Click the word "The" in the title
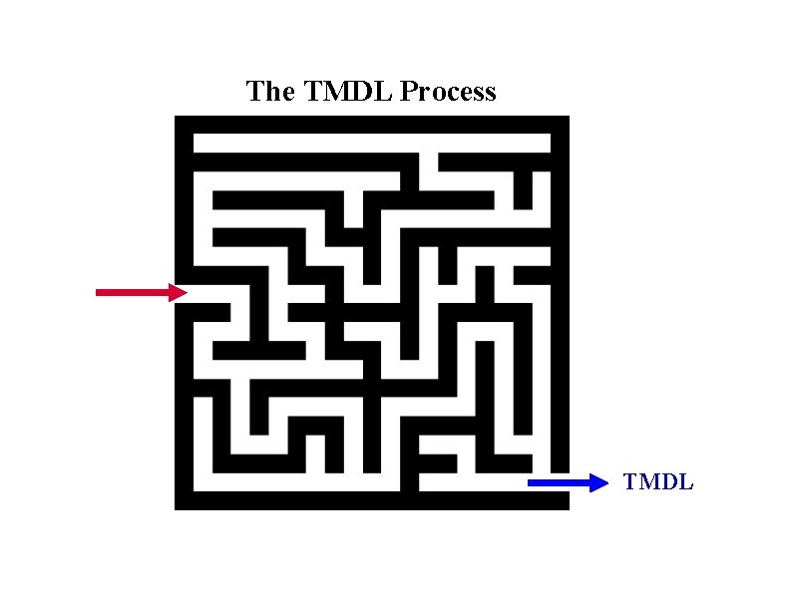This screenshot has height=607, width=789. [269, 92]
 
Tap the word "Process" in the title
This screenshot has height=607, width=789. [448, 93]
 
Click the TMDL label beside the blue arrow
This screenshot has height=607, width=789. [658, 483]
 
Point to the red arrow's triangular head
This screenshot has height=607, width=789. [179, 292]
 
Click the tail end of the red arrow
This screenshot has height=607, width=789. [99, 292]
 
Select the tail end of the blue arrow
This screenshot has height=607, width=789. [531, 483]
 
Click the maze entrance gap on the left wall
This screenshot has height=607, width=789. [184, 292]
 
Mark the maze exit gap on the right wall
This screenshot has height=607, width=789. [560, 483]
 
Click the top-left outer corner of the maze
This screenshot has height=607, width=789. [176, 117]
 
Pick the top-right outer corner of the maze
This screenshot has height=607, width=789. [568, 117]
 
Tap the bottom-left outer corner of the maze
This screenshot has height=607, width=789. [176, 508]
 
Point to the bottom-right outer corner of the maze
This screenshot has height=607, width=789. [568, 508]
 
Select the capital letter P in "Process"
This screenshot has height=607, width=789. [408, 92]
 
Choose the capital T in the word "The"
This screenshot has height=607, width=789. [254, 92]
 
